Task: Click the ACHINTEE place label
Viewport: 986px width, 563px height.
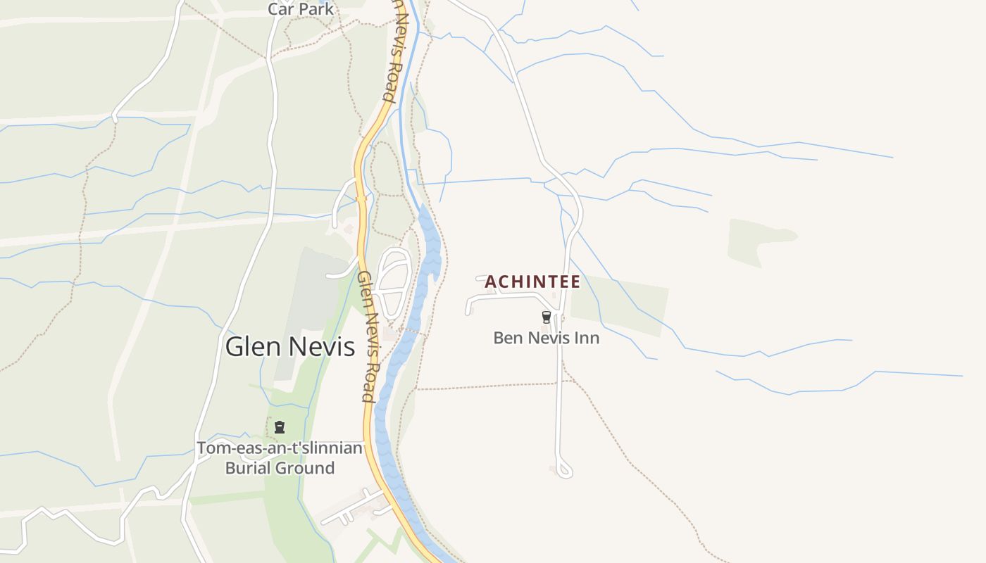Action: [532, 282]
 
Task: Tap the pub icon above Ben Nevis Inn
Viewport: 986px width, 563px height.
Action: [546, 317]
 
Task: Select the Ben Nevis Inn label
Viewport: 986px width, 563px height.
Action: [546, 338]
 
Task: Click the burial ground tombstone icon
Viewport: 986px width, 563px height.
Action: [280, 426]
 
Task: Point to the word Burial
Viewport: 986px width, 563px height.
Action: [251, 468]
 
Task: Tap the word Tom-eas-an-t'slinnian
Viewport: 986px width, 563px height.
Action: [280, 448]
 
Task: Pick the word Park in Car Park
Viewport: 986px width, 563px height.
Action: [316, 9]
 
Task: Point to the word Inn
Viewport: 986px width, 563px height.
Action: [587, 338]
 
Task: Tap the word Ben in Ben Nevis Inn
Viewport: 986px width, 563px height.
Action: [507, 338]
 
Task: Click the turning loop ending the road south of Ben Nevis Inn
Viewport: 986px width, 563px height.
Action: [563, 469]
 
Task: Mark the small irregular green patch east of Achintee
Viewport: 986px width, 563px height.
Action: [757, 239]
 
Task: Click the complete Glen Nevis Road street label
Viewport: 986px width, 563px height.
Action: [367, 336]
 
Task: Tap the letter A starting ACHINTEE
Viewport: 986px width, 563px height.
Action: [490, 282]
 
